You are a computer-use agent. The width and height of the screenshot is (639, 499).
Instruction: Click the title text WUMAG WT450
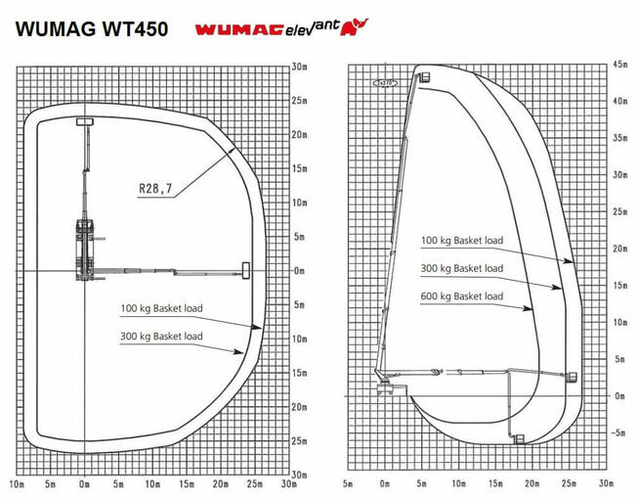[x=90, y=28]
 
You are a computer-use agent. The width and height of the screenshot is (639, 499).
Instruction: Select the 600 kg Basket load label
[x=462, y=296]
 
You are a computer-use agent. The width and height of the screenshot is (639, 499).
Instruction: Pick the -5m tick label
[x=618, y=431]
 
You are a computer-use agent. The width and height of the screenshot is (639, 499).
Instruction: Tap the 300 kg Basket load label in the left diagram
[x=161, y=337]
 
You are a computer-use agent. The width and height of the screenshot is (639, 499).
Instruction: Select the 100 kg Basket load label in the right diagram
[x=462, y=240]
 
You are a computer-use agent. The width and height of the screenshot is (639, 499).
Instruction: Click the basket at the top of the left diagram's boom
[x=84, y=122]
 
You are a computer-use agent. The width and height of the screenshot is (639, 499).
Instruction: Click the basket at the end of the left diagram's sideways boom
[x=244, y=269]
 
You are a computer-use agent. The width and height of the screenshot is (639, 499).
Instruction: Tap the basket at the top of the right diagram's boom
[x=424, y=74]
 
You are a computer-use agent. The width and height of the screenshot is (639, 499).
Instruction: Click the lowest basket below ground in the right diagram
[x=519, y=438]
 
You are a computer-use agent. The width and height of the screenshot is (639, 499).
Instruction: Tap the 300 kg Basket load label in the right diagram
[x=462, y=268]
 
